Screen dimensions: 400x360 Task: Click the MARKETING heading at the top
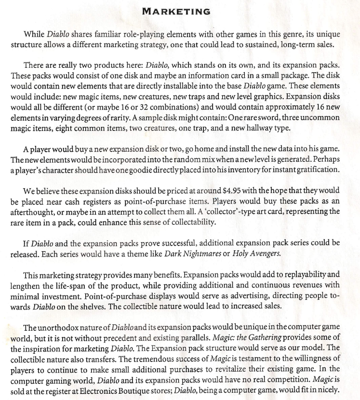[180, 11]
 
